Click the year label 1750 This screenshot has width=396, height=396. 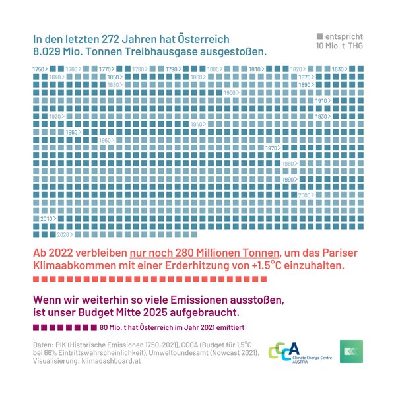39,69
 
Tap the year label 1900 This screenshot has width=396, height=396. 230,93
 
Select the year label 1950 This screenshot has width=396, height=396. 71,133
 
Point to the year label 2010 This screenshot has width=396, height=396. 46,218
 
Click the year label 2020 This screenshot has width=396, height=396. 64,234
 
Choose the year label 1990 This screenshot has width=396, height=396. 288,180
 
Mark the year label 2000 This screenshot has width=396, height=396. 304,195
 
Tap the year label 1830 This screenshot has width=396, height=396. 338,69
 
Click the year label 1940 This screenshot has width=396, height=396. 197,124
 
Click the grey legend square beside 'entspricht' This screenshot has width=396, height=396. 320,36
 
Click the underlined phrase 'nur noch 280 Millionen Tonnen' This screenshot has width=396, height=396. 205,253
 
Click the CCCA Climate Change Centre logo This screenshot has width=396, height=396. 294,350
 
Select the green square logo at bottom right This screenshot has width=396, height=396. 351,351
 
